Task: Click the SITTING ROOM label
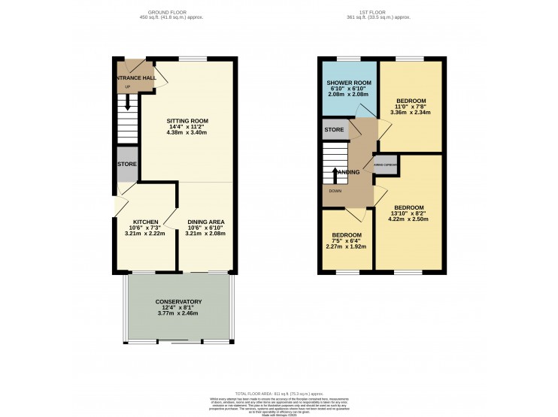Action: (187, 120)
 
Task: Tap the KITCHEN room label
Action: (145, 222)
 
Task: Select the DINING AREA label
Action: (205, 222)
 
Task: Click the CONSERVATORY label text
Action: (179, 301)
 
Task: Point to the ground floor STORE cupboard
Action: (126, 165)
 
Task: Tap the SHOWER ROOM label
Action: (349, 83)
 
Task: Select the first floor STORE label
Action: (334, 130)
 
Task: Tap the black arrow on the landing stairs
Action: (335, 174)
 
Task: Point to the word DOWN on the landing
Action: (334, 191)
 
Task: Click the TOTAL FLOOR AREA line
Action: (278, 394)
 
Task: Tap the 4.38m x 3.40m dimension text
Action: (187, 132)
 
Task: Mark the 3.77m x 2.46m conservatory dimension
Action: (179, 313)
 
